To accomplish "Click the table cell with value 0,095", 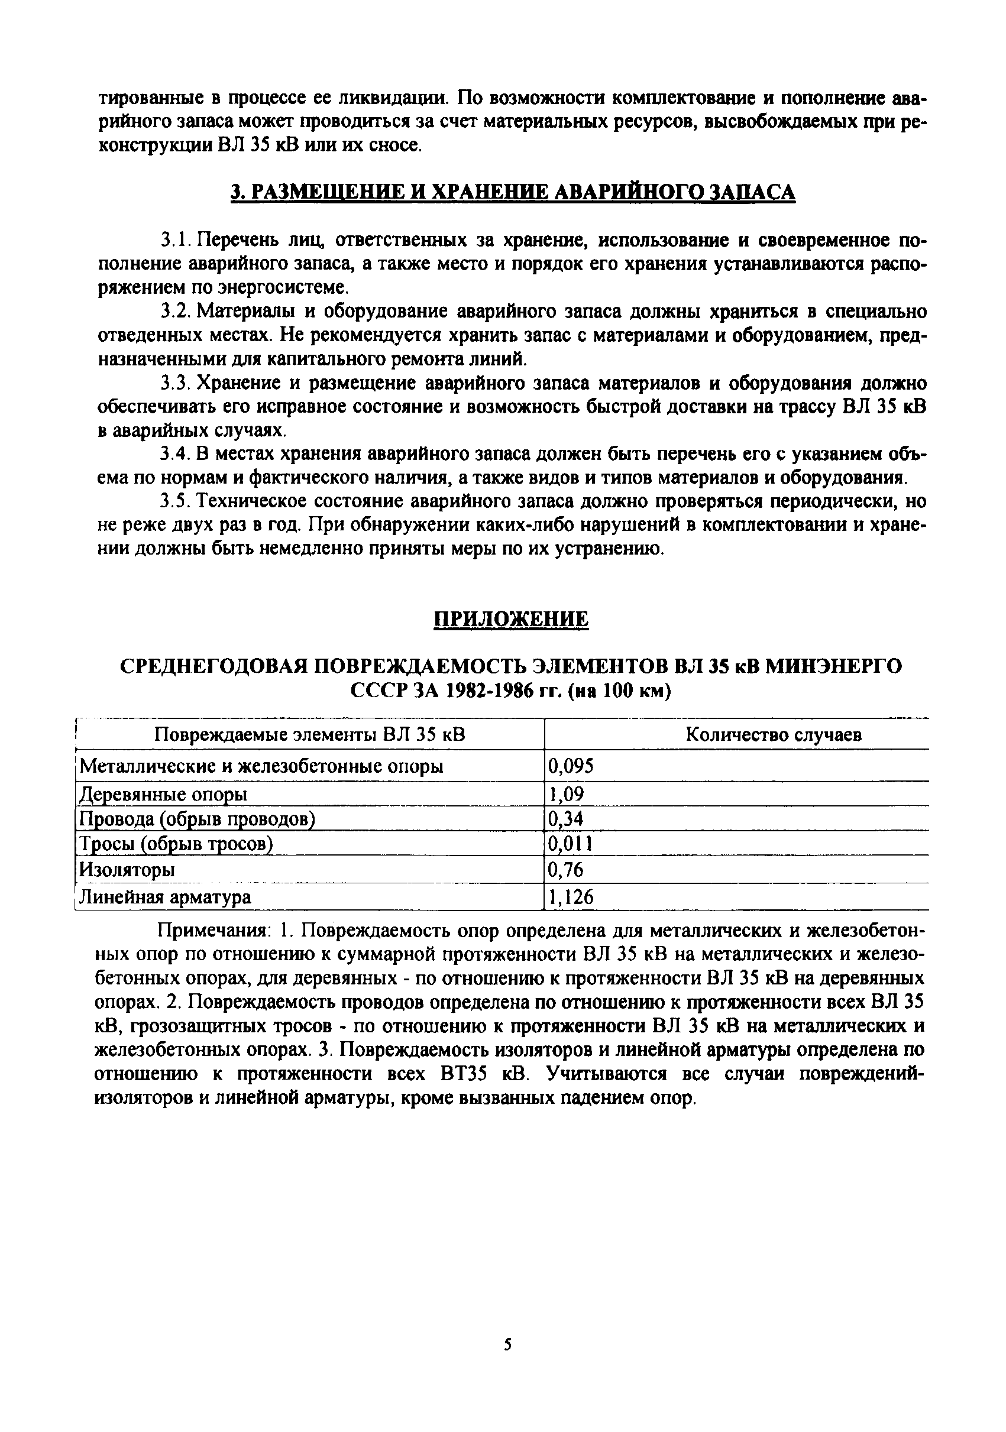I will point(570,765).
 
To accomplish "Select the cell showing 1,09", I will point(565,794).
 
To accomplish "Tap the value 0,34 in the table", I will point(565,818).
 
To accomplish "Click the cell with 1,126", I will point(570,897).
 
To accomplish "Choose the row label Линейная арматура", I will point(165,897).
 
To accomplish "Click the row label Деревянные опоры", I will point(163,794).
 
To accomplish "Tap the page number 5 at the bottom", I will point(507,1344).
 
